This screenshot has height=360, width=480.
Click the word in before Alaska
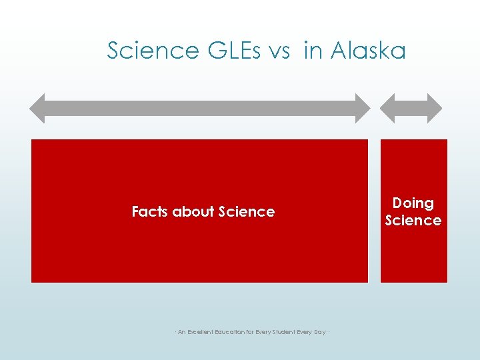pos(312,51)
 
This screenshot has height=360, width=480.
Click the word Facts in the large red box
pos(150,212)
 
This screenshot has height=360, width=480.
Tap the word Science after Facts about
pos(246,212)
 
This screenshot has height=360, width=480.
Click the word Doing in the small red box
pos(413,203)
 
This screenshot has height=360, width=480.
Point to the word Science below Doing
pos(413,221)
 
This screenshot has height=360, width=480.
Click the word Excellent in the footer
pos(204,332)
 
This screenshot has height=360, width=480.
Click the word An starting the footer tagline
pos(181,332)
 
